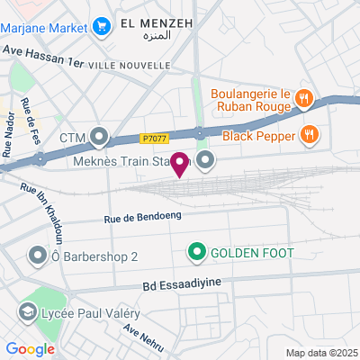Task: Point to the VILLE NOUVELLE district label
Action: tap(131, 65)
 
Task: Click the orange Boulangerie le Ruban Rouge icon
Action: tap(305, 96)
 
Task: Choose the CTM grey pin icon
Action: tap(98, 139)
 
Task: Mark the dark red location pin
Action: tap(180, 164)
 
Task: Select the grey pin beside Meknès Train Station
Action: tap(206, 161)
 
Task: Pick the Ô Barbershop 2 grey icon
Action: tap(38, 256)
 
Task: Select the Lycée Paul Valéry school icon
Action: tap(27, 312)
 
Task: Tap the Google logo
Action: tap(29, 349)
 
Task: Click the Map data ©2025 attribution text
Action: tap(321, 353)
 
